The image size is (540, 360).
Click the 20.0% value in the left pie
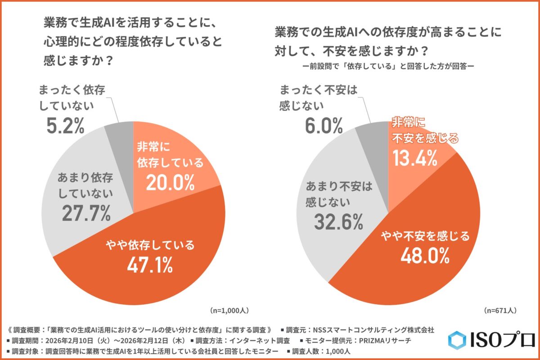170,182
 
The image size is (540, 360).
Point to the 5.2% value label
66,126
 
